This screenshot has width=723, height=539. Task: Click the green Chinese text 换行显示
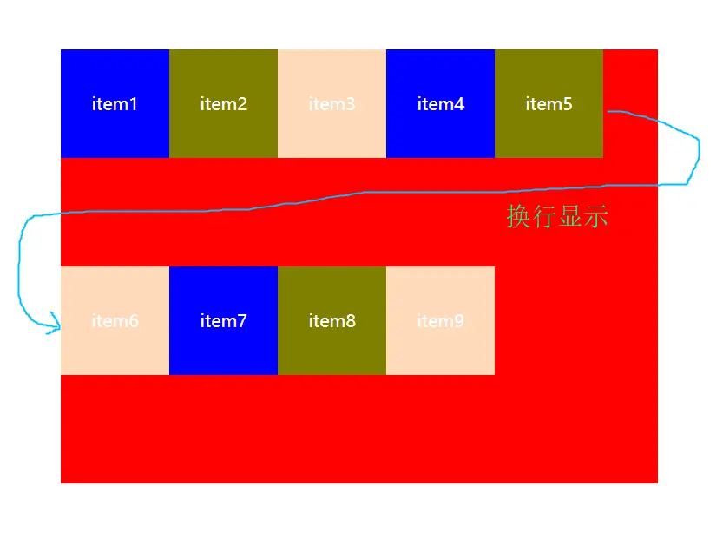[x=557, y=216]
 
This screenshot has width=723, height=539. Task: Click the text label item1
[x=115, y=104]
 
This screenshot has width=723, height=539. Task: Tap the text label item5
[x=549, y=104]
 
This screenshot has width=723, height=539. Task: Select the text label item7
[x=223, y=321]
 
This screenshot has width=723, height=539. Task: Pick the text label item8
[x=332, y=321]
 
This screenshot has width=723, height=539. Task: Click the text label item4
[x=440, y=104]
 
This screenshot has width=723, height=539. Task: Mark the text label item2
[x=223, y=104]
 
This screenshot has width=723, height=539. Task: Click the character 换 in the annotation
[x=518, y=216]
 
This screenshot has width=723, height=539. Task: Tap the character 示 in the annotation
[x=596, y=216]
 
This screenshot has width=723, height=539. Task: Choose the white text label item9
[x=440, y=321]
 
